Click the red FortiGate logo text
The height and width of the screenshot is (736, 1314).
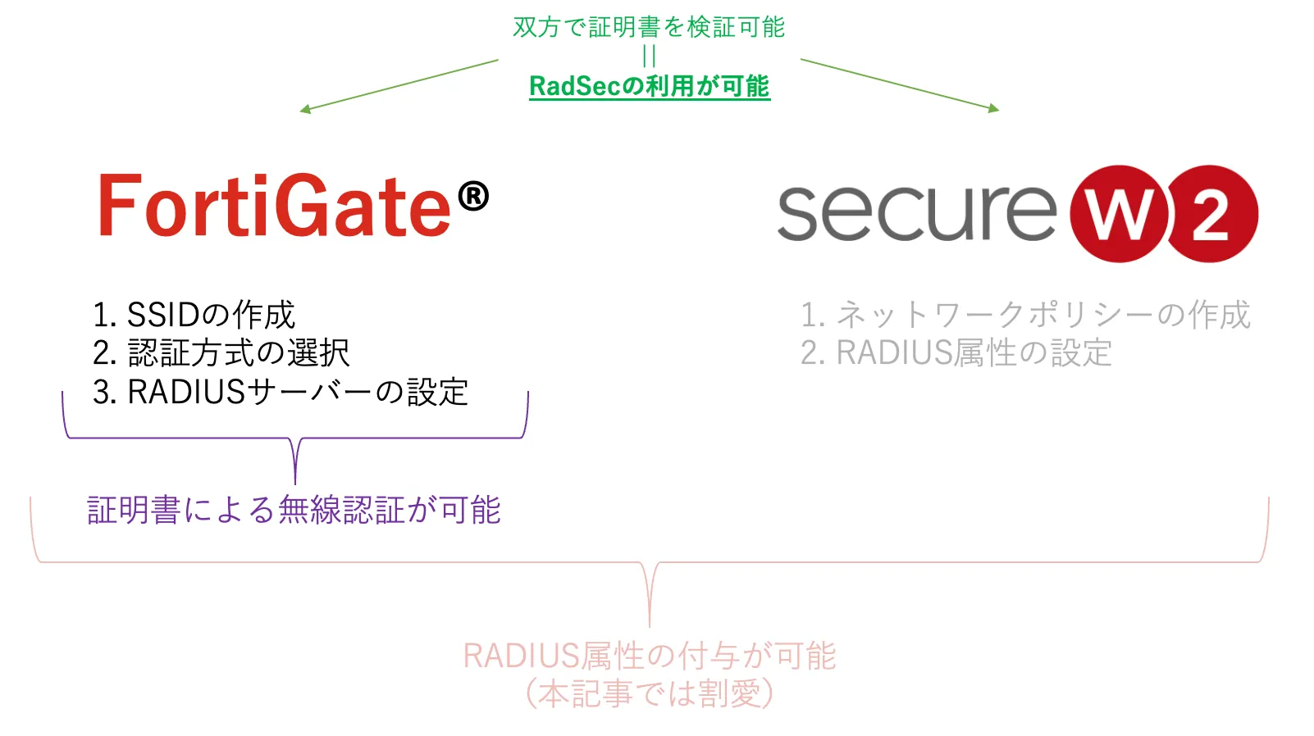(x=275, y=206)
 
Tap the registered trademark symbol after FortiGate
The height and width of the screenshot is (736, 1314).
(x=473, y=197)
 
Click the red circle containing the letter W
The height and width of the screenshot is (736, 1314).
(x=1120, y=214)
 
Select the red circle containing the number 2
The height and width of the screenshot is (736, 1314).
(x=1211, y=214)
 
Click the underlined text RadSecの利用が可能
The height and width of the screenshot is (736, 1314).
(x=649, y=86)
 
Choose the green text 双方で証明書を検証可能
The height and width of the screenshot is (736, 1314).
(x=649, y=27)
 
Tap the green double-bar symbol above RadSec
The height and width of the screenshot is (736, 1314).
(x=650, y=56)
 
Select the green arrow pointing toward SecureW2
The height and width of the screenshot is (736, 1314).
(x=900, y=84)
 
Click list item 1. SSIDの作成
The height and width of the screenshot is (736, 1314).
(x=194, y=315)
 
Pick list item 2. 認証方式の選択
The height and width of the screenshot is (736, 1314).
(x=221, y=353)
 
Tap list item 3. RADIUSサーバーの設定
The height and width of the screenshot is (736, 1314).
(x=281, y=392)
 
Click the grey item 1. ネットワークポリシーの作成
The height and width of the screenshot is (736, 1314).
(x=1025, y=315)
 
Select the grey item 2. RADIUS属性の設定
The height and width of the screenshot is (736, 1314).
(x=956, y=353)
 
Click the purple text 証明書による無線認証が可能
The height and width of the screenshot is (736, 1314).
(x=294, y=510)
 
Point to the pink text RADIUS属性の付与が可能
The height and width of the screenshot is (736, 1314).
(x=649, y=656)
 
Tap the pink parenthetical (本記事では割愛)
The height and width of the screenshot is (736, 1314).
(x=649, y=693)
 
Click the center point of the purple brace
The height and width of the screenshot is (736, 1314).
(x=295, y=443)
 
